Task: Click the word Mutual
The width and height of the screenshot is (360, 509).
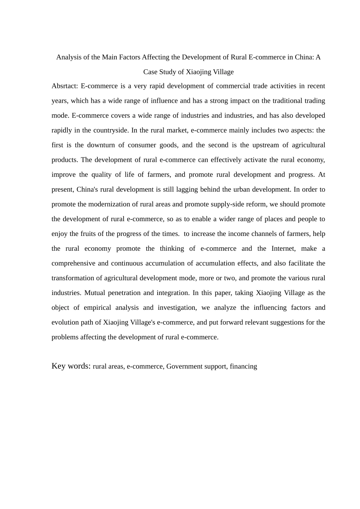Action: tap(95, 293)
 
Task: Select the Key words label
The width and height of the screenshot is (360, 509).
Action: tap(71, 366)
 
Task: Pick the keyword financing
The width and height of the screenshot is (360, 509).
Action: tap(243, 366)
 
